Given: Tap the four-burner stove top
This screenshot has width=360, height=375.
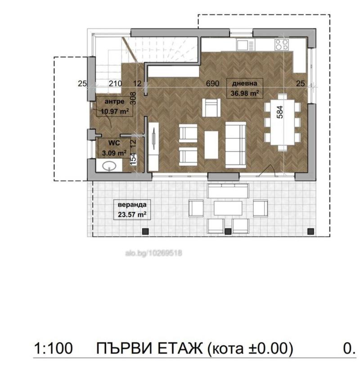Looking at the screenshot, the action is tap(282, 45).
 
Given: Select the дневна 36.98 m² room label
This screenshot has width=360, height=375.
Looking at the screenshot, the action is tap(245, 88).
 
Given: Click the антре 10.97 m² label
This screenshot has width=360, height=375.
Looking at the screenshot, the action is tap(114, 106).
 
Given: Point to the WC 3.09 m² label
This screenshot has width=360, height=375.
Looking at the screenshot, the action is tap(114, 148).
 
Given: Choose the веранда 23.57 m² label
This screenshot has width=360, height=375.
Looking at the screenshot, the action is tap(132, 209).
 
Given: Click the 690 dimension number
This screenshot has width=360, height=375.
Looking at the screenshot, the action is tap(212, 83).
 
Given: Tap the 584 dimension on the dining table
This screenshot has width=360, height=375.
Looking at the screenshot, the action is tap(280, 112).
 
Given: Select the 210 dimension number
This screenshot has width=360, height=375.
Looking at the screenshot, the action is tap(115, 84).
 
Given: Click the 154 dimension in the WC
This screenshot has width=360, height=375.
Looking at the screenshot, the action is tap(133, 159).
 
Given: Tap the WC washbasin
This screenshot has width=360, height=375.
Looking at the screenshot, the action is tap(109, 166).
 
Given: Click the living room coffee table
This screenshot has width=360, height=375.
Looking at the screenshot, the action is tap(211, 145).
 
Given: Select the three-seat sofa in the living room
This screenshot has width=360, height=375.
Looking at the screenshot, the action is tap(236, 145).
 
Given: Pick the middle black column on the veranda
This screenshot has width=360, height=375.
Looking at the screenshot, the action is tap(228, 231).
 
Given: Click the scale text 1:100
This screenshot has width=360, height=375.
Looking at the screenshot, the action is tap(53, 348).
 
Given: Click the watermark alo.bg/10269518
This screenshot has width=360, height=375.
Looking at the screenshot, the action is tap(153, 253).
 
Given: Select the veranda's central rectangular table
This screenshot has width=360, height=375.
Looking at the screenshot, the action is tap(228, 208).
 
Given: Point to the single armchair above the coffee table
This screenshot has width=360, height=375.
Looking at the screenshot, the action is tap(211, 108).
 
